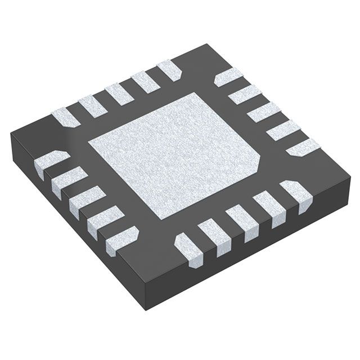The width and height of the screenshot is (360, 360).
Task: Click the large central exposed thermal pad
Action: click(x=174, y=155)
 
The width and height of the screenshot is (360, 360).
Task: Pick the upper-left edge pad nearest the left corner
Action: click(x=65, y=117)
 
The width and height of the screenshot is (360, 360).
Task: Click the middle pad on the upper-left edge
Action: click(x=119, y=93)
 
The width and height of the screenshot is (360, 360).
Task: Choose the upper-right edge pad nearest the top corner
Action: click(x=228, y=76)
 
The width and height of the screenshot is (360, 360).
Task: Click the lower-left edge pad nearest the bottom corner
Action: click(x=121, y=236)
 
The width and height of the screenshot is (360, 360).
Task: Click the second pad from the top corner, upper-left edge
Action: click(x=145, y=82)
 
